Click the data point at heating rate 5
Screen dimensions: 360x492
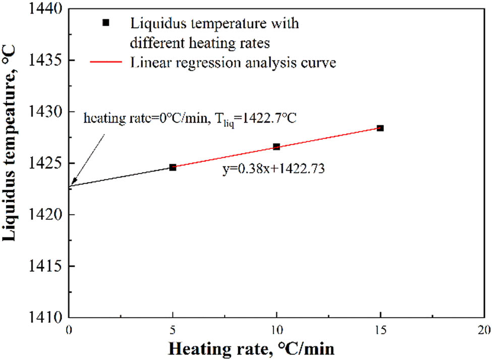coord(173,167)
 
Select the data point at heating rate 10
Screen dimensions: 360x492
coord(277,147)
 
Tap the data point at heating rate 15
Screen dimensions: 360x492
coord(380,128)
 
